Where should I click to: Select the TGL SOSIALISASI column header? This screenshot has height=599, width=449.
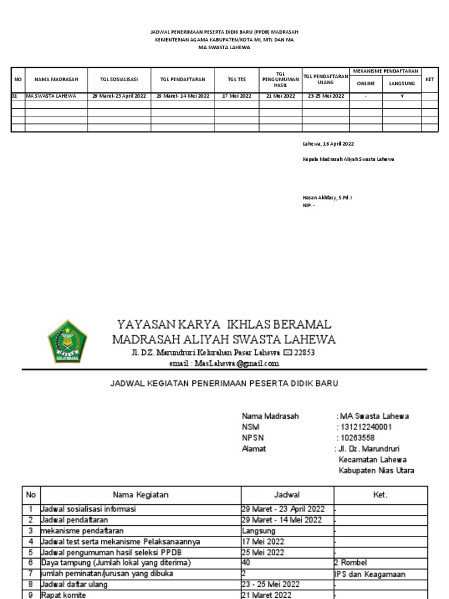coord(119,79)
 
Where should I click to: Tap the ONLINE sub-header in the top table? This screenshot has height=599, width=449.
coord(366,84)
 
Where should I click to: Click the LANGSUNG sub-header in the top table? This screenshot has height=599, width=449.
coord(402,84)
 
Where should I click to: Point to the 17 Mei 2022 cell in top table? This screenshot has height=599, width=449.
coord(236,96)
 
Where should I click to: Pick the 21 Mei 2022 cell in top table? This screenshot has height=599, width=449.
coord(281,96)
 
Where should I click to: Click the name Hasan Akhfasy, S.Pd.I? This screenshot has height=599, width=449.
coord(327,198)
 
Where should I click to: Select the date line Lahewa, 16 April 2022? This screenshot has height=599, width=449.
coord(327,143)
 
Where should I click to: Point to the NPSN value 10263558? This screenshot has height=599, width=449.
coord(357,438)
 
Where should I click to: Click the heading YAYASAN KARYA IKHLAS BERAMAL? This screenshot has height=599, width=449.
coord(224,324)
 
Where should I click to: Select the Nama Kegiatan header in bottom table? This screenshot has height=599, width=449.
coord(140,495)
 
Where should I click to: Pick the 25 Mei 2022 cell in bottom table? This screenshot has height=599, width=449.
coord(264,552)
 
